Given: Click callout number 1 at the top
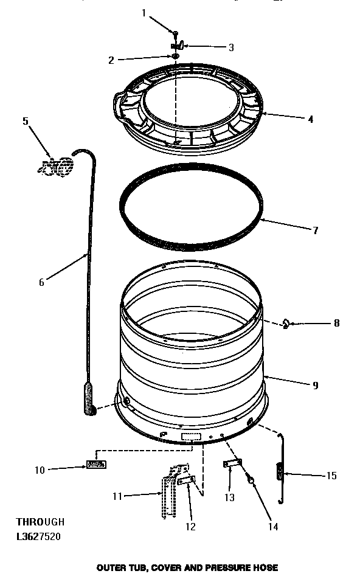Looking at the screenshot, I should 144,13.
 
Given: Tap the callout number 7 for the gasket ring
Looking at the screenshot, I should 315,231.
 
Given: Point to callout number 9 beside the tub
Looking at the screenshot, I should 315,385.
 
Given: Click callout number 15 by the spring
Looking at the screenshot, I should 331,476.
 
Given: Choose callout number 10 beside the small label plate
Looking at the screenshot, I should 39,469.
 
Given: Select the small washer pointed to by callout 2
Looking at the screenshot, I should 175,57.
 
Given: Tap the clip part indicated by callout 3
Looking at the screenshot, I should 178,46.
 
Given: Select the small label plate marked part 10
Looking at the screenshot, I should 95,465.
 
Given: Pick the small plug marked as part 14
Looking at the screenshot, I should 251,481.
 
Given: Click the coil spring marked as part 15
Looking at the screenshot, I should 280,472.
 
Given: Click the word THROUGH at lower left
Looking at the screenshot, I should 40,522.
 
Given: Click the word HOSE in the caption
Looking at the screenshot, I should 266,567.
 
